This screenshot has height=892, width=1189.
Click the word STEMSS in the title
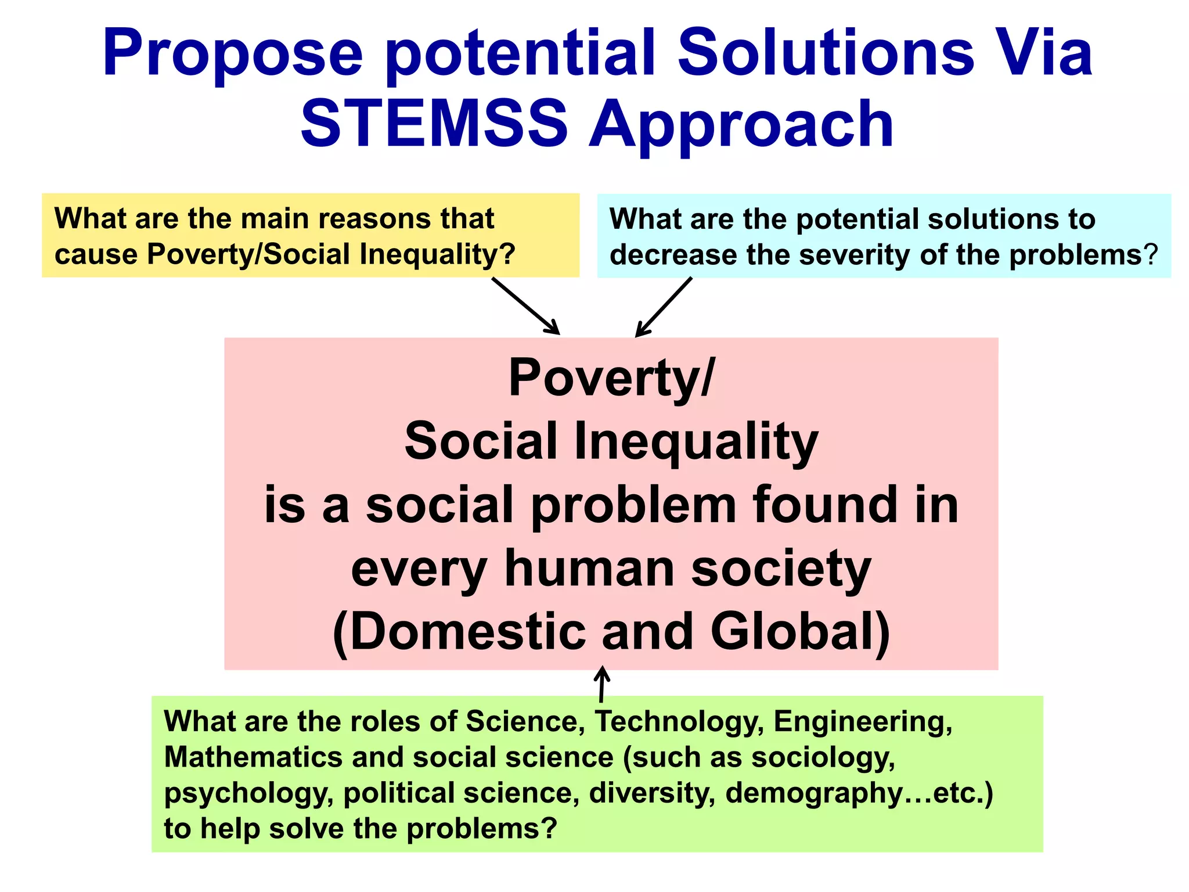(x=434, y=124)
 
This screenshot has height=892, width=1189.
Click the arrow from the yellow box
(x=525, y=305)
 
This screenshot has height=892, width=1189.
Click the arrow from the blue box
(x=664, y=307)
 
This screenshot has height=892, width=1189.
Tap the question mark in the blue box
(x=1151, y=255)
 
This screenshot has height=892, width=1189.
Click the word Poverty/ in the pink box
(x=611, y=378)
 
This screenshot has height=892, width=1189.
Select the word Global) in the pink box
(x=801, y=631)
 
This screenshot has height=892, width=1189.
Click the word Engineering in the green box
(x=863, y=722)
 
